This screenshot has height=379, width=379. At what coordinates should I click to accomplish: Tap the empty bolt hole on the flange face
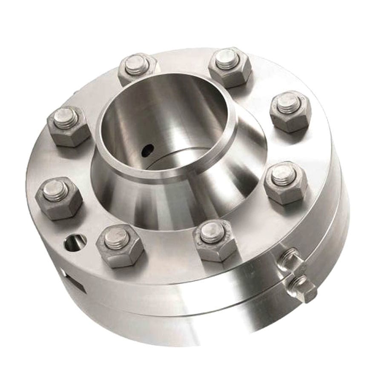click(x=75, y=242)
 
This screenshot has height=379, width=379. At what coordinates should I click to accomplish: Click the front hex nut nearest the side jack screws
click(x=215, y=239)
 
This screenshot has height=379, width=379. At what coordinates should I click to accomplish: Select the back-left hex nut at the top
click(x=137, y=68)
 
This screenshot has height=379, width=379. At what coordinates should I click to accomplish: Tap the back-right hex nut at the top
click(x=230, y=66)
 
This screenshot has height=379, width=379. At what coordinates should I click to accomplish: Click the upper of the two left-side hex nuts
click(x=68, y=125)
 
